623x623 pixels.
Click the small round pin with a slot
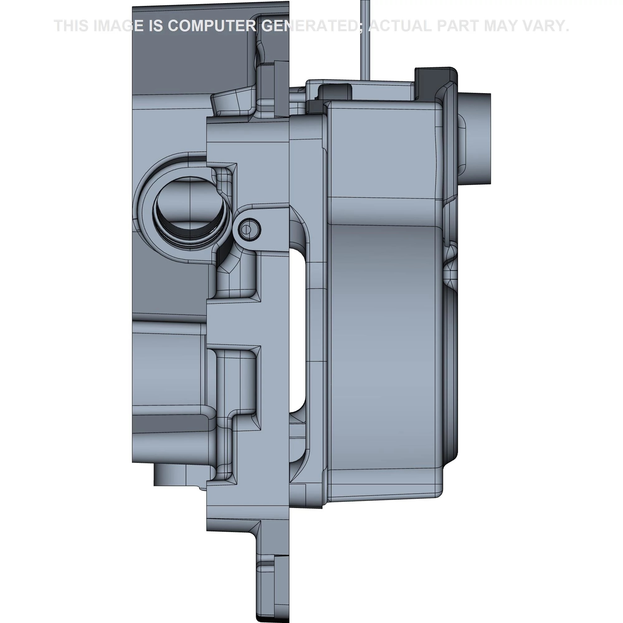click(249, 230)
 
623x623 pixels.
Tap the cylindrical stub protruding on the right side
click(474, 139)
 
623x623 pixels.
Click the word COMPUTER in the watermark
click(212, 26)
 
